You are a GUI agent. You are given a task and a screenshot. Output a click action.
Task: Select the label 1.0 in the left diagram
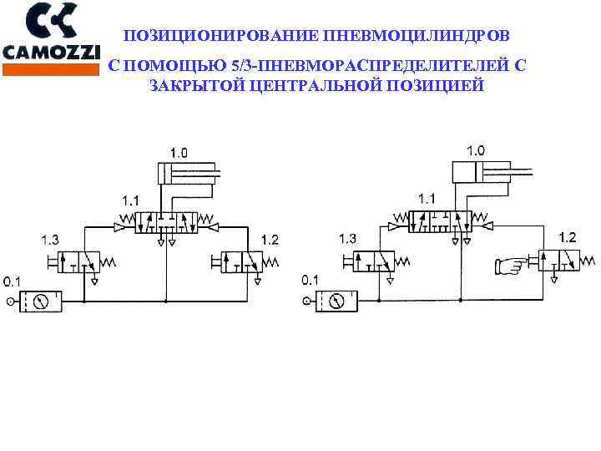179,153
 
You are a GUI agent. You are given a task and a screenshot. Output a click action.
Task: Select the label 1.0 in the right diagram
474,150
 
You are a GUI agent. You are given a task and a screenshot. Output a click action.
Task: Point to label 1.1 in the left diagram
130,200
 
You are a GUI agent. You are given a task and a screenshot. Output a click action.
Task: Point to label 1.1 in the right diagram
426,199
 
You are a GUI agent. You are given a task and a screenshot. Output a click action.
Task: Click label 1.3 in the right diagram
347,239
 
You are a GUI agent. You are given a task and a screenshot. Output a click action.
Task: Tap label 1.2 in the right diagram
567,238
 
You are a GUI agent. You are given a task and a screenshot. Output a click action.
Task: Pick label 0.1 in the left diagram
13,280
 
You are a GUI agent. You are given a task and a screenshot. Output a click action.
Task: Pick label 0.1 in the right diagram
310,279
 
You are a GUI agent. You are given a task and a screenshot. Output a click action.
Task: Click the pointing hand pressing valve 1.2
511,266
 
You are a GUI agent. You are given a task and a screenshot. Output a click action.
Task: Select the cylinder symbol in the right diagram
479,172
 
